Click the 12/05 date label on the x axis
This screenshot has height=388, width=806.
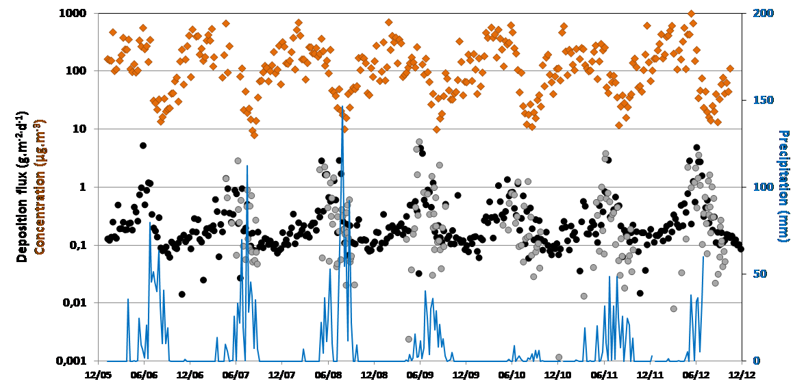point(98,374)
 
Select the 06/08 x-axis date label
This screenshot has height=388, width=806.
point(328,374)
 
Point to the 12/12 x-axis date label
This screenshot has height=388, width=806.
point(742,374)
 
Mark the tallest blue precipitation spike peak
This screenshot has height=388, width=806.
point(342,107)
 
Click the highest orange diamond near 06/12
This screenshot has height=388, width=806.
point(691,14)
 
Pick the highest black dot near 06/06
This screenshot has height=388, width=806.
point(143,145)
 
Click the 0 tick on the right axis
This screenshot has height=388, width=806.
point(751,361)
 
